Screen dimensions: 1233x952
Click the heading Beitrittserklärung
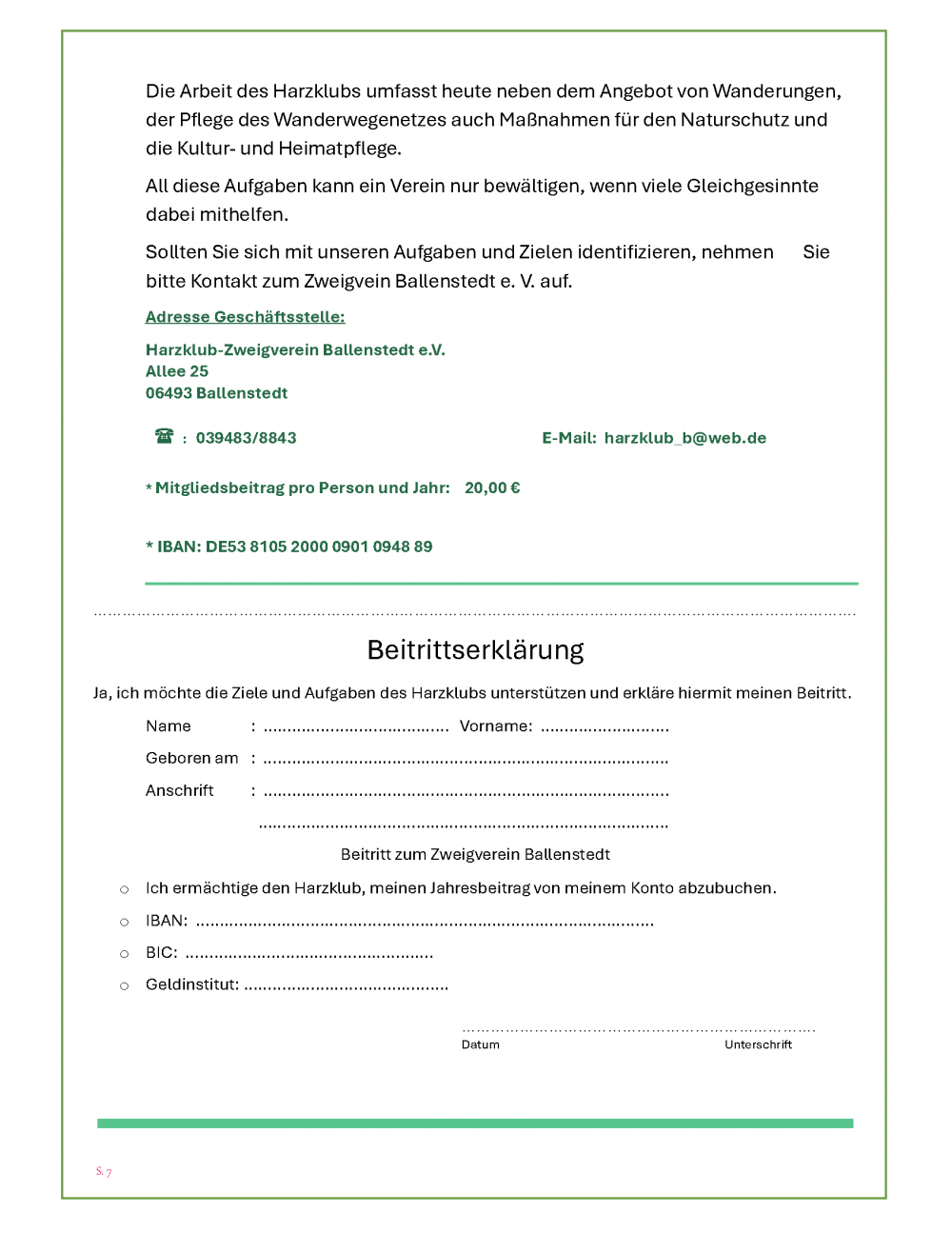[475, 650]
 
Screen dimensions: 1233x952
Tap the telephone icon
[165, 436]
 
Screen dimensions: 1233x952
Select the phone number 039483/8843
[246, 438]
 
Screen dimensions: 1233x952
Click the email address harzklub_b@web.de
[684, 438]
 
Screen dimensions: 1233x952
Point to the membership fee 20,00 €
[492, 487]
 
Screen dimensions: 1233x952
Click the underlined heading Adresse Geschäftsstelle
[245, 317]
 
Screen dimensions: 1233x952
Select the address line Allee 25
[177, 371]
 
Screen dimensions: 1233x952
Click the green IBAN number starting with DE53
[318, 547]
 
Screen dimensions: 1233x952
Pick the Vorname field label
[495, 726]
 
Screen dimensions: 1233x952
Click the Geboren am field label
[191, 758]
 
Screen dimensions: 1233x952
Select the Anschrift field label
[179, 790]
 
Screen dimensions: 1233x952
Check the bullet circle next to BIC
[124, 954]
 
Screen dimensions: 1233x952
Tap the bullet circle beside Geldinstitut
[124, 986]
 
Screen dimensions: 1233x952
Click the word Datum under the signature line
[481, 1044]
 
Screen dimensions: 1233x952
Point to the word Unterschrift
[758, 1044]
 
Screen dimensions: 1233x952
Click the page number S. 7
[104, 1171]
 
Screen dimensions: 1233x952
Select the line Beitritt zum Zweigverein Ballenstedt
[475, 854]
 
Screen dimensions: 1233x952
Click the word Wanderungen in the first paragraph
[776, 91]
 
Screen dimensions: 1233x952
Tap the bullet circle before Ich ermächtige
[124, 889]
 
